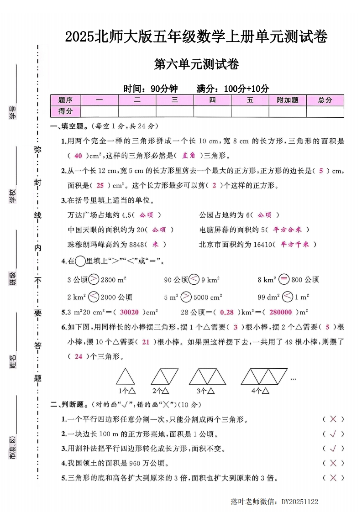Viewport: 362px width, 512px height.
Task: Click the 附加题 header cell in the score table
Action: [288, 100]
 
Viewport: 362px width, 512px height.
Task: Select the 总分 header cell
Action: [325, 100]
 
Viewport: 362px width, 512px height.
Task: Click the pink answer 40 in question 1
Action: [78, 156]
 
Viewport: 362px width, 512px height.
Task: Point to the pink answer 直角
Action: [189, 156]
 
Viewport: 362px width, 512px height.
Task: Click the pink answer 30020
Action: [129, 313]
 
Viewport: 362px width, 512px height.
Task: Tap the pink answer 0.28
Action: [227, 313]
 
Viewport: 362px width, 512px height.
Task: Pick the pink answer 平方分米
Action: [291, 230]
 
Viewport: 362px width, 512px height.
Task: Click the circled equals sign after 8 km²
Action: [284, 279]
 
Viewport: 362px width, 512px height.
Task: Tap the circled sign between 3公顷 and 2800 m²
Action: [94, 279]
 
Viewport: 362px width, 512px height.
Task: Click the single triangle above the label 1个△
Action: [125, 377]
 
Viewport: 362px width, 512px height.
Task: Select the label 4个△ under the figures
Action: [260, 391]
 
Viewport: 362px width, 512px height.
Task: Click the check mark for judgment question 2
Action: [333, 434]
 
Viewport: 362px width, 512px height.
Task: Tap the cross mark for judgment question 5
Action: [333, 478]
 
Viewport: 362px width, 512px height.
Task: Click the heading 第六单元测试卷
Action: [197, 65]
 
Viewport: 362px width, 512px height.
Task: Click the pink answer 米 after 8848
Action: [155, 244]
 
